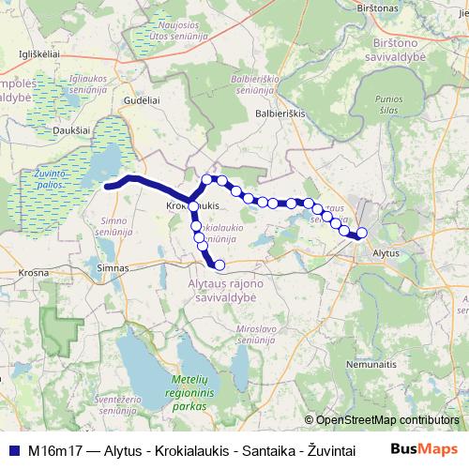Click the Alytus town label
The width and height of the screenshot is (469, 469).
click(x=386, y=254)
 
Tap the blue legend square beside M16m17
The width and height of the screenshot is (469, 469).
click(x=11, y=449)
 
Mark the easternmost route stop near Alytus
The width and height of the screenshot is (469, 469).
click(x=362, y=234)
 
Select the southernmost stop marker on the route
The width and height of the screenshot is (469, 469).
click(x=220, y=265)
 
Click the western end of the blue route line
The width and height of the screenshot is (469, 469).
click(x=106, y=186)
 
